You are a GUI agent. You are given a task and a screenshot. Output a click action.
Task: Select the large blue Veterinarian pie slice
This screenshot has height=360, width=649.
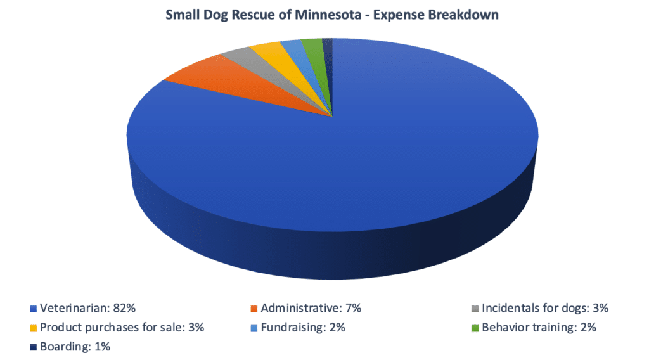(x=355, y=171)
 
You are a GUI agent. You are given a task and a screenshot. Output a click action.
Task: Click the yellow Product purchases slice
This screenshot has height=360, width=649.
(x=269, y=56)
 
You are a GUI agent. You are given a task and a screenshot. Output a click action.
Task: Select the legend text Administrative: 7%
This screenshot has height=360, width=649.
(x=311, y=309)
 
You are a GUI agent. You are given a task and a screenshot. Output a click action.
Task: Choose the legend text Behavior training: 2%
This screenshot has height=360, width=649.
(x=539, y=328)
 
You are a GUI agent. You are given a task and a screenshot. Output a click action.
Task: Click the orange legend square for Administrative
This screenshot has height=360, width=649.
(x=254, y=309)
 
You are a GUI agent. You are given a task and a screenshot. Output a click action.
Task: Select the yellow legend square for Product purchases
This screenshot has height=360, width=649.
(x=33, y=328)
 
